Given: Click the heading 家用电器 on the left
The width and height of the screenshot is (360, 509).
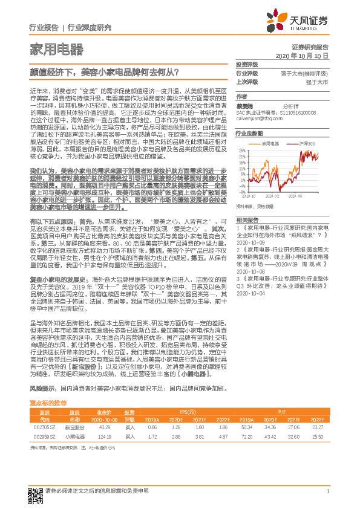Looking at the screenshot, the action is (56, 49).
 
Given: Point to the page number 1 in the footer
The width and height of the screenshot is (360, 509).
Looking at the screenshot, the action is (327, 491).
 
